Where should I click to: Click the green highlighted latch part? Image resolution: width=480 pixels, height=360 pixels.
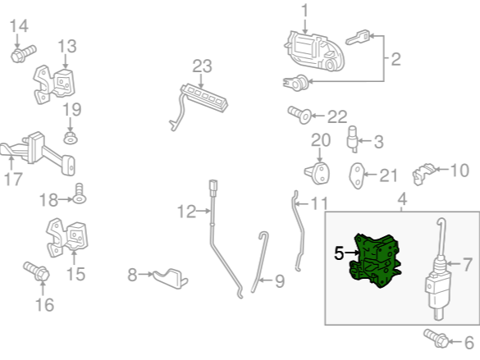click(x=375, y=261)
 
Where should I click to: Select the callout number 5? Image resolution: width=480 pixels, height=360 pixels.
click(x=339, y=253)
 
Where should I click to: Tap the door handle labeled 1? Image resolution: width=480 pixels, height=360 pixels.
click(x=314, y=52)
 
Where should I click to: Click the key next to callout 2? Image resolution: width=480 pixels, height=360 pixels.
click(x=358, y=37)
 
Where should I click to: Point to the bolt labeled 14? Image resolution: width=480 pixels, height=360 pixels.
click(x=23, y=53)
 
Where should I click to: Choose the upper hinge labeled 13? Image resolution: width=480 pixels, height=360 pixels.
click(x=54, y=84)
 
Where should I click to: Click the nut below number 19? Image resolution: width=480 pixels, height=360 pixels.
click(x=71, y=138)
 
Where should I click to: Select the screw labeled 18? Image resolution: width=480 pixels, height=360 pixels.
click(x=79, y=194)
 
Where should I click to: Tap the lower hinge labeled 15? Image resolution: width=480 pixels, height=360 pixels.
click(x=67, y=237)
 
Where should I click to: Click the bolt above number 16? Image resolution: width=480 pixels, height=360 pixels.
click(x=36, y=271)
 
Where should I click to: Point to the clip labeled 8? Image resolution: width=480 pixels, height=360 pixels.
click(x=171, y=278)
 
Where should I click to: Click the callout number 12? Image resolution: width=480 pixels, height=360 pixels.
click(x=186, y=212)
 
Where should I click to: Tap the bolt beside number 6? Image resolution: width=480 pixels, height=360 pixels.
click(x=436, y=338)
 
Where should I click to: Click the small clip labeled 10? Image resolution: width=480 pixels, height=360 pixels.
click(x=423, y=173)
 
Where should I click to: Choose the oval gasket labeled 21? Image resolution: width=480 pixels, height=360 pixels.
click(x=357, y=175)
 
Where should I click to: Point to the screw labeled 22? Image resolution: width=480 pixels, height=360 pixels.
click(x=299, y=115)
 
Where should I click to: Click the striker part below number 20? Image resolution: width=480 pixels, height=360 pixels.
click(x=318, y=173)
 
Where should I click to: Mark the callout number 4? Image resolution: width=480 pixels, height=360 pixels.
click(x=402, y=199)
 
